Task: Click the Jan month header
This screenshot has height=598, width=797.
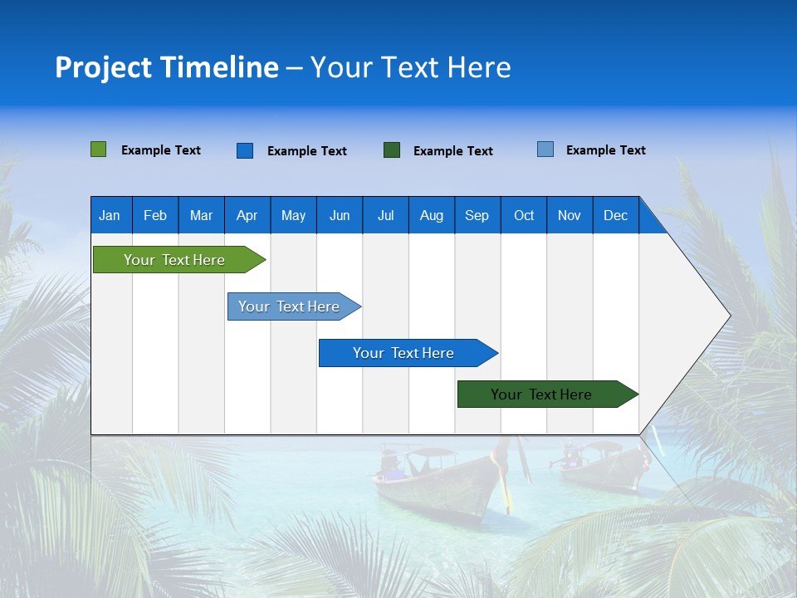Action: (110, 215)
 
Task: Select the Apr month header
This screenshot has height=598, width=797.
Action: (247, 215)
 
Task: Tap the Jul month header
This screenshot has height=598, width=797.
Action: (385, 215)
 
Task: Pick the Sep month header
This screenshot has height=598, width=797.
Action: (477, 215)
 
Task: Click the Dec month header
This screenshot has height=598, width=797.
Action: (615, 215)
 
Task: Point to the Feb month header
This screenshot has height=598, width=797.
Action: (155, 215)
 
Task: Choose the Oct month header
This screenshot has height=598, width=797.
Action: (524, 215)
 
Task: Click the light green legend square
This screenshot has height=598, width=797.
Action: (99, 149)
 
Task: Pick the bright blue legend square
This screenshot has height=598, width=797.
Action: (245, 150)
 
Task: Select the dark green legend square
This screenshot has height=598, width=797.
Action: (392, 150)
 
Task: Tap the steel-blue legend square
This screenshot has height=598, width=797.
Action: (545, 149)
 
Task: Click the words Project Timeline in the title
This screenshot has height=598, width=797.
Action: (167, 67)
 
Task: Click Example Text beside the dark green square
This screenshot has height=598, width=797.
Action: (453, 151)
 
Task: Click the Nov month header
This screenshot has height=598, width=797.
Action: (570, 215)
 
